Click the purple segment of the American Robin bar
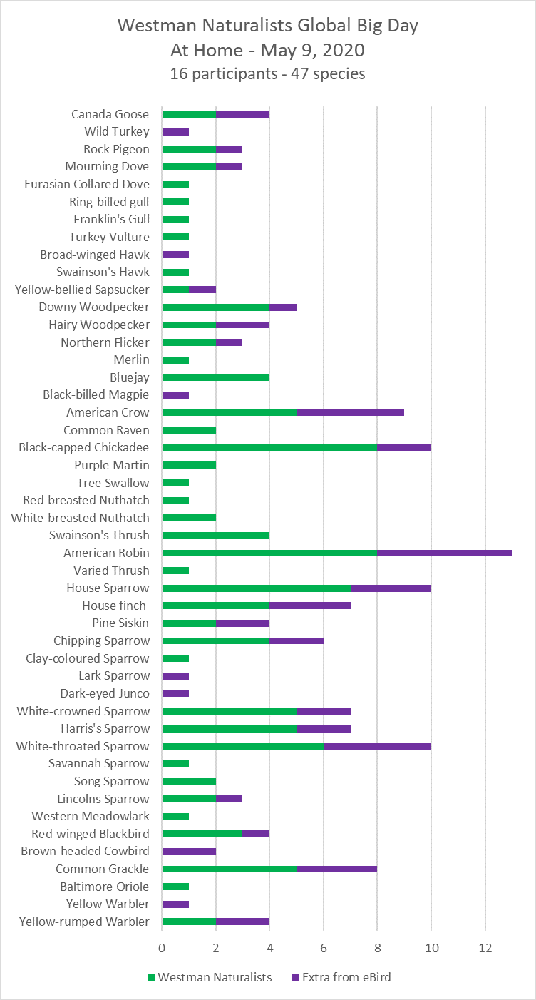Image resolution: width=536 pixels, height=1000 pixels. point(445,553)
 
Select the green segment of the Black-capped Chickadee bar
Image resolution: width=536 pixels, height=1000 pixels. point(269,448)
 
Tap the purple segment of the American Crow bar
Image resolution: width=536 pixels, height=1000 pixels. point(350,412)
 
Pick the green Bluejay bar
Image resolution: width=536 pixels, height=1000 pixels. point(216,377)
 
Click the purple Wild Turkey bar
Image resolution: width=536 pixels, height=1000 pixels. point(175,131)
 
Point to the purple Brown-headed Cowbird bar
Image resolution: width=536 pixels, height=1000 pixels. point(189,851)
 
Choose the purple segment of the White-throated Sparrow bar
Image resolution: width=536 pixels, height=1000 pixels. point(377,746)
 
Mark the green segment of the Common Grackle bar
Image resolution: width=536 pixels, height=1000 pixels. point(230,869)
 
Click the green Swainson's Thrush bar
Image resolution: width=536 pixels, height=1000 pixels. point(216,536)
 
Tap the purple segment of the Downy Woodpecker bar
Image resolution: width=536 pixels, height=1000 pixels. point(283,307)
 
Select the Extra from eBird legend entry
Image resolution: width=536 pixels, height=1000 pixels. point(341,977)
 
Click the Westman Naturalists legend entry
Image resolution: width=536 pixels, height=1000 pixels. point(210,977)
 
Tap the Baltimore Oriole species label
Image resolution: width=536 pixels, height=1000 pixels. point(105,887)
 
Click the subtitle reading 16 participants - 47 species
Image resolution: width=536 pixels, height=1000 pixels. point(267,73)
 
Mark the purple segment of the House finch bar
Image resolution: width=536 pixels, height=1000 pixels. point(310,606)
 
